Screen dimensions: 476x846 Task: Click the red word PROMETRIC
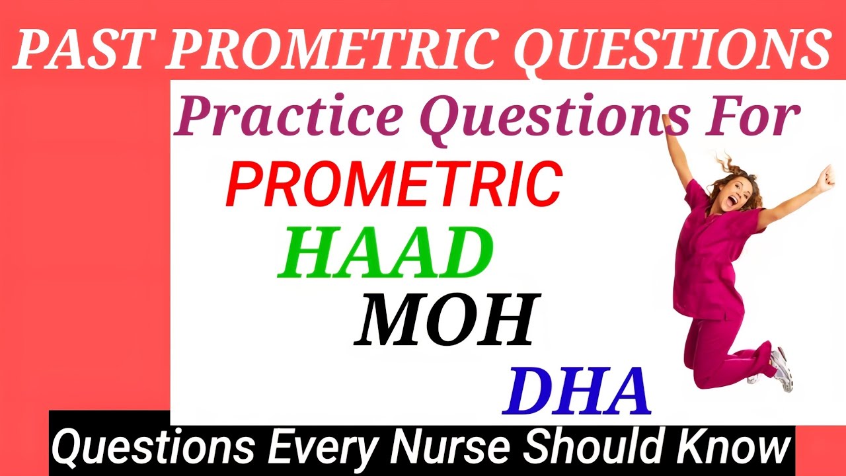pos(393,183)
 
